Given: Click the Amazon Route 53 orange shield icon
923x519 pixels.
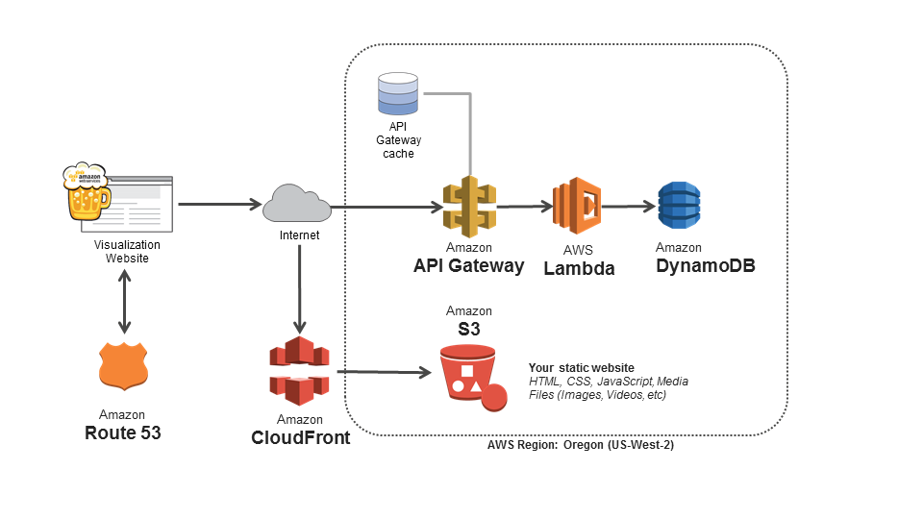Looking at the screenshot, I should (x=123, y=366).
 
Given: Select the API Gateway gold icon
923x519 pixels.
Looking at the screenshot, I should (x=468, y=206).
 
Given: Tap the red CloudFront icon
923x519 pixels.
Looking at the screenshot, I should (x=299, y=369).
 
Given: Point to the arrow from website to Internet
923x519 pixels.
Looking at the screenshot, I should (x=220, y=204).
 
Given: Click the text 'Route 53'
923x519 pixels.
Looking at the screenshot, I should (x=123, y=432).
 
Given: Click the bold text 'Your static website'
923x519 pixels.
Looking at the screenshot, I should (x=581, y=368).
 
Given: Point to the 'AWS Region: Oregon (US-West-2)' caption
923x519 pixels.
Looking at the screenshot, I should (x=581, y=445).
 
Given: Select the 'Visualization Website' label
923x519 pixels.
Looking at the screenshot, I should (x=127, y=252).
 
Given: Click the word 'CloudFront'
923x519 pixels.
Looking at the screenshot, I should (x=299, y=438).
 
